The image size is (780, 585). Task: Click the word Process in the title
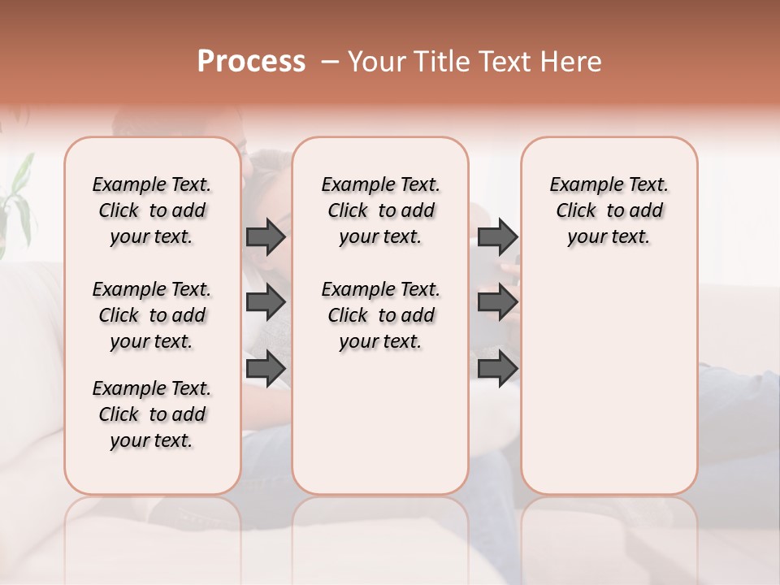[x=251, y=62]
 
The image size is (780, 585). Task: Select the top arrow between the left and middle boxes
[x=266, y=236]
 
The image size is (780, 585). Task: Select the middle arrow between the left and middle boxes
[x=266, y=303]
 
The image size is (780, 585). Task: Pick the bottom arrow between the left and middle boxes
[x=266, y=369]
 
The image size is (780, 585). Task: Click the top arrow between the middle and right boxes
[x=497, y=236]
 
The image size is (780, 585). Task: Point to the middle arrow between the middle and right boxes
[x=497, y=303]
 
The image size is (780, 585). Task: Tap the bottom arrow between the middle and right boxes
[x=497, y=369]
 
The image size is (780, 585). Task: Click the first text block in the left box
[x=152, y=210]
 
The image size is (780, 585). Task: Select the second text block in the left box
[x=152, y=315]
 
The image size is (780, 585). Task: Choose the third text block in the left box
[x=152, y=414]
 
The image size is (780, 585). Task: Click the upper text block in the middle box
[x=380, y=210]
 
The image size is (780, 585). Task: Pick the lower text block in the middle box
[x=380, y=315]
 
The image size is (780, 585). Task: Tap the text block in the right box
[x=609, y=210]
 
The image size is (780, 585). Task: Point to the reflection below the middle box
[x=380, y=528]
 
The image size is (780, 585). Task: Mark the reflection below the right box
[x=609, y=528]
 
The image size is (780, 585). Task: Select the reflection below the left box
[x=152, y=528]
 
